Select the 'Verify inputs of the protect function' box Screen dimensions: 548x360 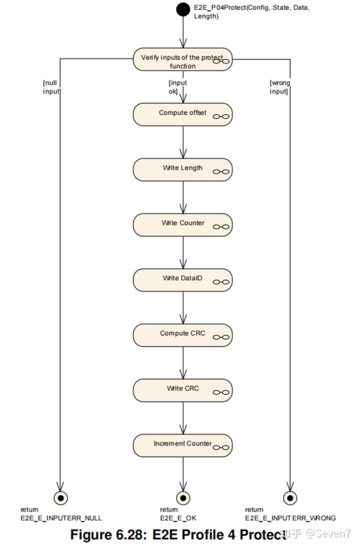(182, 61)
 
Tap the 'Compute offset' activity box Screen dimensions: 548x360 (182, 114)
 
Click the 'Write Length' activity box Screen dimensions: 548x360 (182, 169)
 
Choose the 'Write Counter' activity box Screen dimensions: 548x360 (182, 224)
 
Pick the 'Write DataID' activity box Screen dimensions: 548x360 (182, 279)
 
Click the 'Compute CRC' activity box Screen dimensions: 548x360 (182, 334)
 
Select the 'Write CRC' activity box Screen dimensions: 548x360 (182, 389)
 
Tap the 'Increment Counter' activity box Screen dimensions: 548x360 (182, 444)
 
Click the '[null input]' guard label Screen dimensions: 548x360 (51, 87)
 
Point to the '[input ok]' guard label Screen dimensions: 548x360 (177, 87)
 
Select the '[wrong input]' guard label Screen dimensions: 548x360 (279, 87)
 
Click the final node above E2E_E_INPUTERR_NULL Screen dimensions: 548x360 (60, 497)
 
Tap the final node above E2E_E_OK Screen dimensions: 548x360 (183, 497)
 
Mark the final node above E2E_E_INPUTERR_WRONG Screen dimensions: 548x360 (289, 497)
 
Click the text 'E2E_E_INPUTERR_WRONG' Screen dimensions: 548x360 (290, 518)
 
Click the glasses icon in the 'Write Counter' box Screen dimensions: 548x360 (221, 227)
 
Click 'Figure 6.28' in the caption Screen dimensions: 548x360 (106, 534)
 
